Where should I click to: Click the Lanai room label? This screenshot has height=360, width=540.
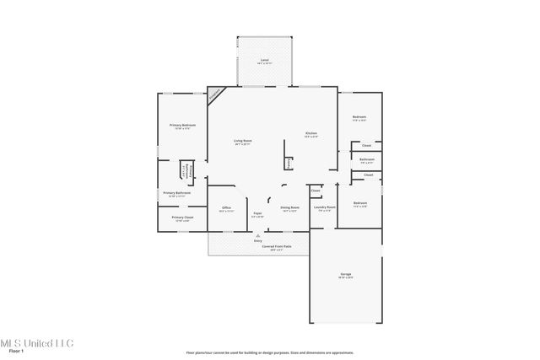click(265, 62)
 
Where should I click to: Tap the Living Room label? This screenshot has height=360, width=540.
click(243, 141)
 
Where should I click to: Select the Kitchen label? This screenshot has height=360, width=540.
click(310, 133)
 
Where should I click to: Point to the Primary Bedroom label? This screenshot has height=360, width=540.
click(182, 126)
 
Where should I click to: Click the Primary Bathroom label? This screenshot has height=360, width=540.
click(176, 193)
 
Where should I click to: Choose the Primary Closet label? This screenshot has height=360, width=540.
click(182, 218)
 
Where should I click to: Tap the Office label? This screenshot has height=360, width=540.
click(226, 207)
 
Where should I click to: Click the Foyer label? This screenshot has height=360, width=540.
click(256, 214)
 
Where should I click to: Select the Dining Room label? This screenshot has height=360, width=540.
click(289, 207)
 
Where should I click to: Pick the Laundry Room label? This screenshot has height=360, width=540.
click(326, 207)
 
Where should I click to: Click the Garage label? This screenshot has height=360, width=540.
click(345, 275)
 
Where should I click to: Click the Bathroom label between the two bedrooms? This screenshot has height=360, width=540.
click(366, 159)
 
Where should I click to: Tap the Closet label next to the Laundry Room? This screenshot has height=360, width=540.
click(315, 191)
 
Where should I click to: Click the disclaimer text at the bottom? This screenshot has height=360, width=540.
click(269, 352)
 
